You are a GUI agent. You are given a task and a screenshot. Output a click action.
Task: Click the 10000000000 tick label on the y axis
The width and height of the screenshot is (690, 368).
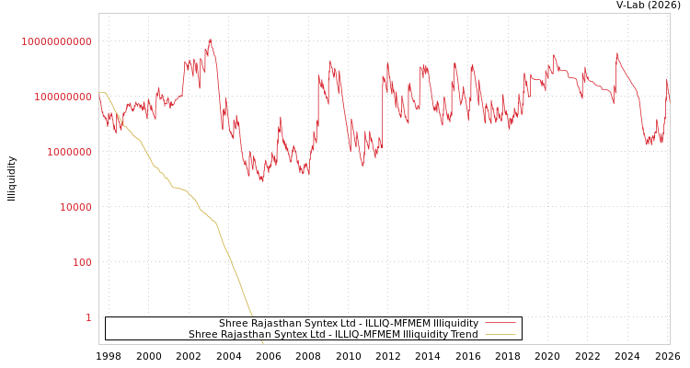(57, 41)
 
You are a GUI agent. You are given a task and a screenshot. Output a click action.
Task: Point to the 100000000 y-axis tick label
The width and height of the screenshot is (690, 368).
(62, 97)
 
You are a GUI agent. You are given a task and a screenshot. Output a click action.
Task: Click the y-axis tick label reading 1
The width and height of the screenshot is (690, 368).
(88, 317)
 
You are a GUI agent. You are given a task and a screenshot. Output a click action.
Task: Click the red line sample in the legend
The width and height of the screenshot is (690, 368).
(500, 323)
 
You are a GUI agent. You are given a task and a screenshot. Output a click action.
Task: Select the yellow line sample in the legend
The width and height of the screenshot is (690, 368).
(500, 334)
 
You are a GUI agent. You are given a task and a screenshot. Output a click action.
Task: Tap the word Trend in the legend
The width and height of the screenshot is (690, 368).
(463, 334)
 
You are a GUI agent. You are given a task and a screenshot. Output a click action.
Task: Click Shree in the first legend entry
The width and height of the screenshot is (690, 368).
(234, 323)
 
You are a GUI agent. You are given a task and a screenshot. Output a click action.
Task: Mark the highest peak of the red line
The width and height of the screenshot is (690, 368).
(211, 40)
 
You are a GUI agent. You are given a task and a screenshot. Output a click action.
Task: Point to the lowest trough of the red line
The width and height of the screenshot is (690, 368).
(262, 180)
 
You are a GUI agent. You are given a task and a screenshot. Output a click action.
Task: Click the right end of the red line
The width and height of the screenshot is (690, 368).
(669, 92)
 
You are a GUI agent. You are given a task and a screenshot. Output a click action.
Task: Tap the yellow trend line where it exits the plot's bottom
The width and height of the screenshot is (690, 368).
(263, 343)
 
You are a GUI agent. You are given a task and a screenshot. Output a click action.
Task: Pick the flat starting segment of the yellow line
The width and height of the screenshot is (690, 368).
(102, 93)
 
